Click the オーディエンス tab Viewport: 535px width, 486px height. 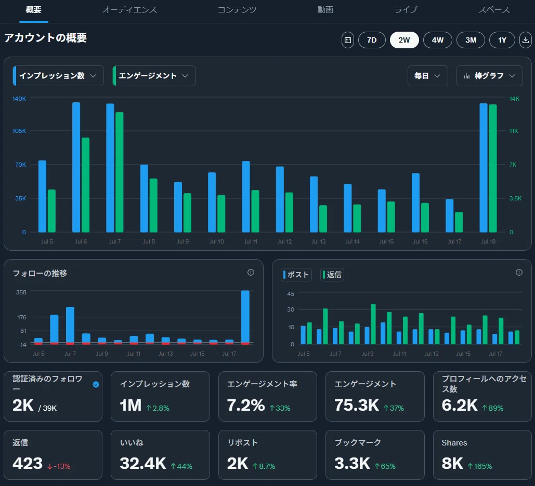(x=129, y=9)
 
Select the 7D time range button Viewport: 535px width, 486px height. (x=372, y=40)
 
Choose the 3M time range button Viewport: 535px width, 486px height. (x=471, y=40)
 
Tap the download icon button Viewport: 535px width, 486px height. (x=526, y=40)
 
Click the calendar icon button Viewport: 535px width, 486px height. (x=348, y=40)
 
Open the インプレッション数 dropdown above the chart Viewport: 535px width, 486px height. (x=58, y=76)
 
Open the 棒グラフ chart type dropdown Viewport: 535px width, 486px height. (x=489, y=76)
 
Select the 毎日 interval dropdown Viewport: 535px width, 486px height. (x=427, y=76)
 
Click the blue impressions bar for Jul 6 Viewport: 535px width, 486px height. (x=76, y=167)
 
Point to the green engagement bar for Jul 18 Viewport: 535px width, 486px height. (x=493, y=168)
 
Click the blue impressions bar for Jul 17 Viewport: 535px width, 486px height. (x=450, y=215)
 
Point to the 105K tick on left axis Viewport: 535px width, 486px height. (x=19, y=131)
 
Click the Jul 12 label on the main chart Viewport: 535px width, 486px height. (x=284, y=241)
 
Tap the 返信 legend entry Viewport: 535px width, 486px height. (x=332, y=275)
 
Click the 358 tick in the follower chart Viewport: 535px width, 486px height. (x=21, y=292)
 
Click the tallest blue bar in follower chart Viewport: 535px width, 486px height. (x=245, y=317)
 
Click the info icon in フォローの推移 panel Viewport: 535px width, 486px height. (x=251, y=272)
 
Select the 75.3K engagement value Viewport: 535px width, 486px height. (x=357, y=405)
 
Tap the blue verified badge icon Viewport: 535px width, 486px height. (x=96, y=384)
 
